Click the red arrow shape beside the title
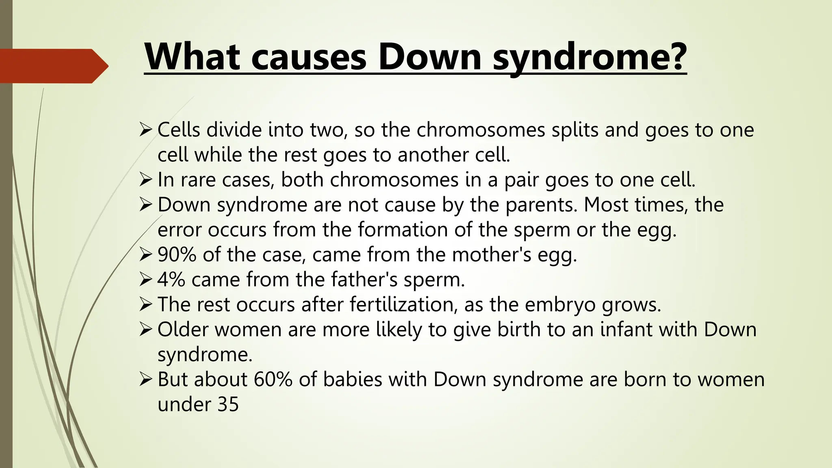click(53, 66)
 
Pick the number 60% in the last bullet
click(273, 379)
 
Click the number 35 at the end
click(228, 405)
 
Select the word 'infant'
click(626, 329)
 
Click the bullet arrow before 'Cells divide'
click(145, 130)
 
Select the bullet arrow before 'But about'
click(145, 380)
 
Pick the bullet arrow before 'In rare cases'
click(145, 180)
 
